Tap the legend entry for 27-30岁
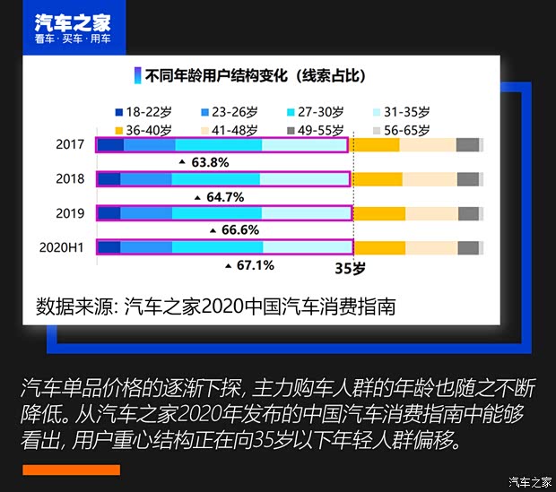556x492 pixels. [x=315, y=112]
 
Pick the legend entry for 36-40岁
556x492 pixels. [x=149, y=129]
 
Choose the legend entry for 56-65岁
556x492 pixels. [x=399, y=129]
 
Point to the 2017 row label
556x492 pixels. [x=69, y=145]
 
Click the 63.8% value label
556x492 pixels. [x=209, y=162]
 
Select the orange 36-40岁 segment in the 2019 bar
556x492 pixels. [x=378, y=213]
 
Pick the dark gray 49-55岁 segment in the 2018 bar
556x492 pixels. [x=468, y=179]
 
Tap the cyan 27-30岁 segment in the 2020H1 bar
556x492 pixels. [x=218, y=247]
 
